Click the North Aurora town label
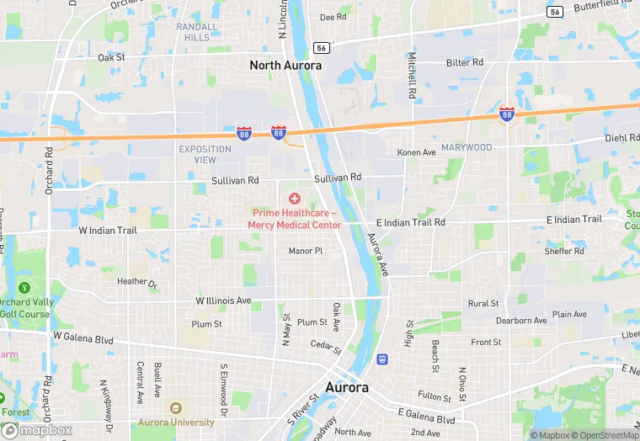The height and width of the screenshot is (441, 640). coord(285,64)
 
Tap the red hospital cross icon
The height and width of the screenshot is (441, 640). coord(295,198)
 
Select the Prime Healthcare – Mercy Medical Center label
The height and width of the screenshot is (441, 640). coord(295,219)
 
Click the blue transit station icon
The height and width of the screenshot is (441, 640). coord(382,359)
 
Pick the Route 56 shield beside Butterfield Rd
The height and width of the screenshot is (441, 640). coord(553,11)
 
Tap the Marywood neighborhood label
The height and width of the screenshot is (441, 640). coord(467,147)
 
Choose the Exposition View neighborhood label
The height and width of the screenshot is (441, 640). coord(205,154)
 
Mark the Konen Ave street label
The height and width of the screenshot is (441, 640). coord(417,152)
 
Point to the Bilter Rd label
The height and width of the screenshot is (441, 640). coord(465,62)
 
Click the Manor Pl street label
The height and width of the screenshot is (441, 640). coord(305,251)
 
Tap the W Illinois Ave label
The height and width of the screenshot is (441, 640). coord(223,300)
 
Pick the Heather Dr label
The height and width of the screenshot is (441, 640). coord(138,282)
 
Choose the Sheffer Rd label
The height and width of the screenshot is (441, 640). coord(564,251)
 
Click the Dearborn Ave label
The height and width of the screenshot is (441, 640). coord(521,321)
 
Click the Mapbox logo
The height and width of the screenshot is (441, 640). coord(37,430)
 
